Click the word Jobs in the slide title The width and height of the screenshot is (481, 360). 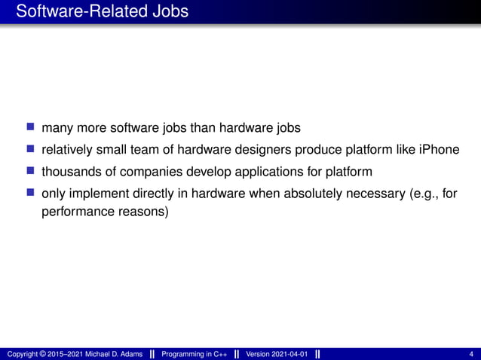pos(167,12)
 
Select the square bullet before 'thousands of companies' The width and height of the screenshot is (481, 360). pos(29,171)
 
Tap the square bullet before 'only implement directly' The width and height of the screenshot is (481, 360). pos(29,194)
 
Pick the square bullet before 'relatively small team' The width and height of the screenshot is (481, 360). pos(29,148)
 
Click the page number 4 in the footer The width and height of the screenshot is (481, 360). pos(471,354)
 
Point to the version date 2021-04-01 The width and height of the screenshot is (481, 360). pos(290,354)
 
